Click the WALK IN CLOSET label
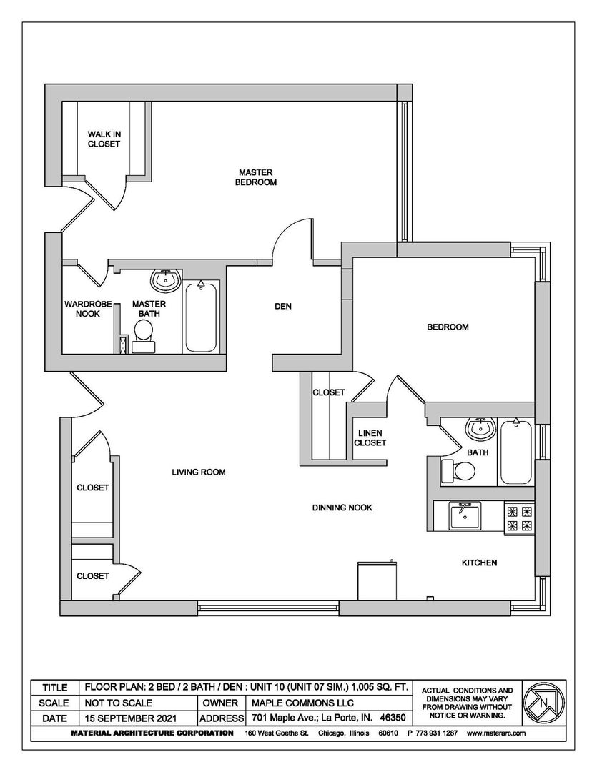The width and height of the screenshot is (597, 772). click(x=104, y=139)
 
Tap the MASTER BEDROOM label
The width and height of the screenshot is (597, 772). click(x=257, y=177)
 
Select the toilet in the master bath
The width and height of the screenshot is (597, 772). click(x=144, y=334)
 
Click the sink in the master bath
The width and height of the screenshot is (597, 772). click(x=167, y=279)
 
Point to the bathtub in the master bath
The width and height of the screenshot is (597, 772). click(x=202, y=317)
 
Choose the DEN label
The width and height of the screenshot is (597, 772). click(x=283, y=307)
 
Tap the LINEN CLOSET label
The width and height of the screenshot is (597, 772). click(x=370, y=438)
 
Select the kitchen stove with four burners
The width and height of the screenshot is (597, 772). click(x=519, y=519)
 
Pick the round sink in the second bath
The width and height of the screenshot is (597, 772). click(x=480, y=430)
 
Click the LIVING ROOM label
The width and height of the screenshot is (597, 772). click(x=199, y=472)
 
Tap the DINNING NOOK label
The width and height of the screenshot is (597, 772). click(x=342, y=508)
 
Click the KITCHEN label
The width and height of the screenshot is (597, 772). click(x=478, y=563)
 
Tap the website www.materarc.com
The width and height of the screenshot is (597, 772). click(x=496, y=733)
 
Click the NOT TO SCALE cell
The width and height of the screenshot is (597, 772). click(x=119, y=703)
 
